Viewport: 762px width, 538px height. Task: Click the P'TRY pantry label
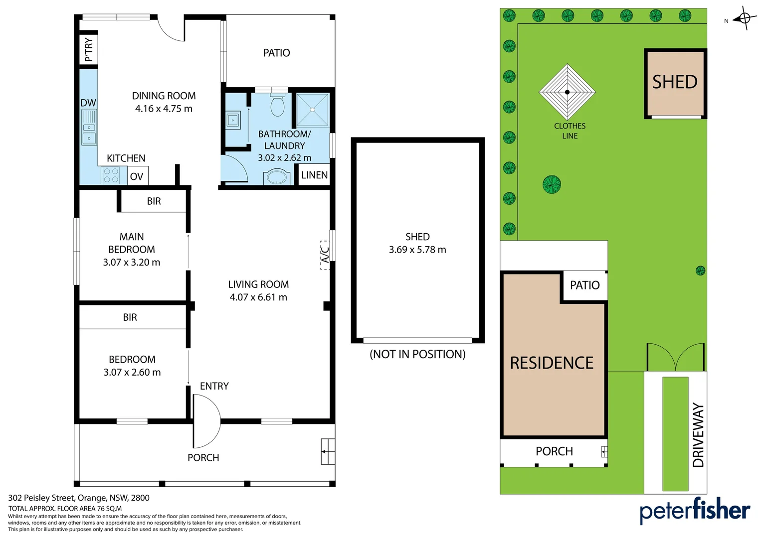pyautogui.click(x=88, y=50)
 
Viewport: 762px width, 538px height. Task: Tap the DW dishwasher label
pyautogui.click(x=88, y=103)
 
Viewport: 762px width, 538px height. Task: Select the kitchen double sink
pyautogui.click(x=89, y=127)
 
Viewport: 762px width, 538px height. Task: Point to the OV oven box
pyautogui.click(x=138, y=176)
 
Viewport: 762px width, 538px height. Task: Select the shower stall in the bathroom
pyautogui.click(x=313, y=110)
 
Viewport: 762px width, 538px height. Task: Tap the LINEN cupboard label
pyautogui.click(x=314, y=175)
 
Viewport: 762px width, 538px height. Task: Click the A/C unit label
pyautogui.click(x=325, y=255)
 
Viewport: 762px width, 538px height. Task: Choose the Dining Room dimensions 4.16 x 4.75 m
pyautogui.click(x=164, y=109)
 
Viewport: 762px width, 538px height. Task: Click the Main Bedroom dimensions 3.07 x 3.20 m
pyautogui.click(x=132, y=263)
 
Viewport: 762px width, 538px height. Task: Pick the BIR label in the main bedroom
pyautogui.click(x=154, y=201)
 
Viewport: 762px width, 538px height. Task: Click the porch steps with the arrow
pyautogui.click(x=328, y=452)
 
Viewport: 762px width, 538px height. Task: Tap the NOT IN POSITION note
pyautogui.click(x=417, y=354)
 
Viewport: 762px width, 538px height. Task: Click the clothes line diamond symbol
pyautogui.click(x=567, y=92)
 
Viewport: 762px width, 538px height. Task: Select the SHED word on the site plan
pyautogui.click(x=675, y=82)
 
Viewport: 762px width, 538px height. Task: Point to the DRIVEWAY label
pyautogui.click(x=698, y=435)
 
